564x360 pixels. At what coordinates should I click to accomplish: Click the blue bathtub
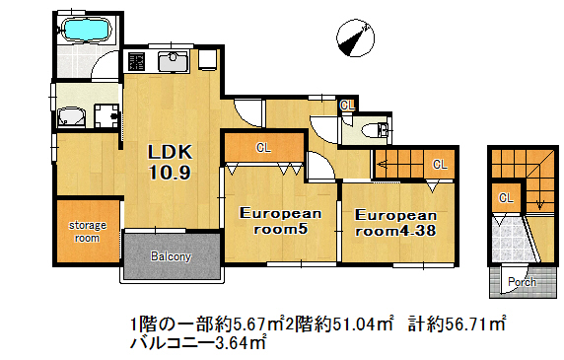click(87, 29)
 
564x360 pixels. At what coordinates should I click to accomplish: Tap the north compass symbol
click(355, 37)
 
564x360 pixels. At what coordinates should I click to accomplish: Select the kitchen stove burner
click(136, 61)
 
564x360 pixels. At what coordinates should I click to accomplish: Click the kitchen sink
click(174, 61)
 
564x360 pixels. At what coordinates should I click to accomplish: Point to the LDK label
click(171, 152)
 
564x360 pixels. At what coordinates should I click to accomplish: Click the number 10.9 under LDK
click(170, 173)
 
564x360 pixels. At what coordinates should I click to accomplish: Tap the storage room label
click(88, 232)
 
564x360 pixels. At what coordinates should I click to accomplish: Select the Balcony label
click(171, 256)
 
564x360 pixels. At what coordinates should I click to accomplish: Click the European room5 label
click(280, 221)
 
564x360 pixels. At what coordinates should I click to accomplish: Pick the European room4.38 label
click(395, 223)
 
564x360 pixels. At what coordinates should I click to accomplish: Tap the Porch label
click(522, 282)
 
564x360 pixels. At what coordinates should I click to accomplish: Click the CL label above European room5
click(263, 148)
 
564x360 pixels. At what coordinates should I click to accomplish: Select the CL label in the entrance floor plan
click(506, 197)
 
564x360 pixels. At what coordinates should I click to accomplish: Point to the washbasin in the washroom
click(71, 116)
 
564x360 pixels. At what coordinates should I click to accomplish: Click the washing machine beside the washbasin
click(106, 115)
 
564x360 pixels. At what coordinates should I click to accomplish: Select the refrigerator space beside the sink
click(207, 60)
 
